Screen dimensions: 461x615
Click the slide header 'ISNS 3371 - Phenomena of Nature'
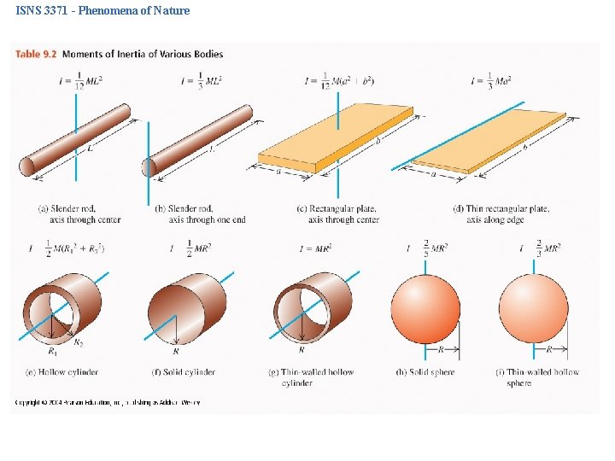point(102,11)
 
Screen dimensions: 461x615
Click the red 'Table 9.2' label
point(36,55)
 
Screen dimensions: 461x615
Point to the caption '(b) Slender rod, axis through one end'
point(200,214)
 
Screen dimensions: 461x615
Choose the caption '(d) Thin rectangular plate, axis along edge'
point(501,214)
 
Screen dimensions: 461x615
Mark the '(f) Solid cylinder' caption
point(183,372)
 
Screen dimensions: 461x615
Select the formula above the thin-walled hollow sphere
point(540,248)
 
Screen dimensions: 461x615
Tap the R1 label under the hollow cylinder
point(52,350)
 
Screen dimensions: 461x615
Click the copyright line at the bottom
point(107,401)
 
